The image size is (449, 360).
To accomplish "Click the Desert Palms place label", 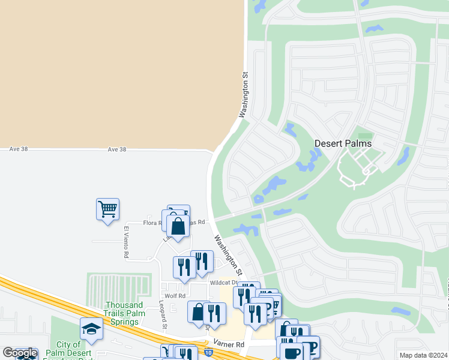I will click(343, 143).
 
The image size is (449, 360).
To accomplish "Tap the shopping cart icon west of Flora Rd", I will click(107, 209).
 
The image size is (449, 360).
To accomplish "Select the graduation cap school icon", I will click(91, 329).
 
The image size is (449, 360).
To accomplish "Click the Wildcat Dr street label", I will click(221, 282).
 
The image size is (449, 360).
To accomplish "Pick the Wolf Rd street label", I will click(174, 296).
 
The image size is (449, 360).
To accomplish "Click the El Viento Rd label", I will click(127, 242).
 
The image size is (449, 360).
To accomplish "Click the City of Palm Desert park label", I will click(69, 349).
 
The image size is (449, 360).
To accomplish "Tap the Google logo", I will click(20, 353).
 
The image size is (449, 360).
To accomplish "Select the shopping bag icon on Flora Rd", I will click(178, 226).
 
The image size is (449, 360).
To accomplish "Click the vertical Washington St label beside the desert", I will click(244, 95).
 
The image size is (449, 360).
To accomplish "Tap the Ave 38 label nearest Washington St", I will click(117, 149).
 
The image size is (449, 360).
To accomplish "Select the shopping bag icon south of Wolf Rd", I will click(198, 312).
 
